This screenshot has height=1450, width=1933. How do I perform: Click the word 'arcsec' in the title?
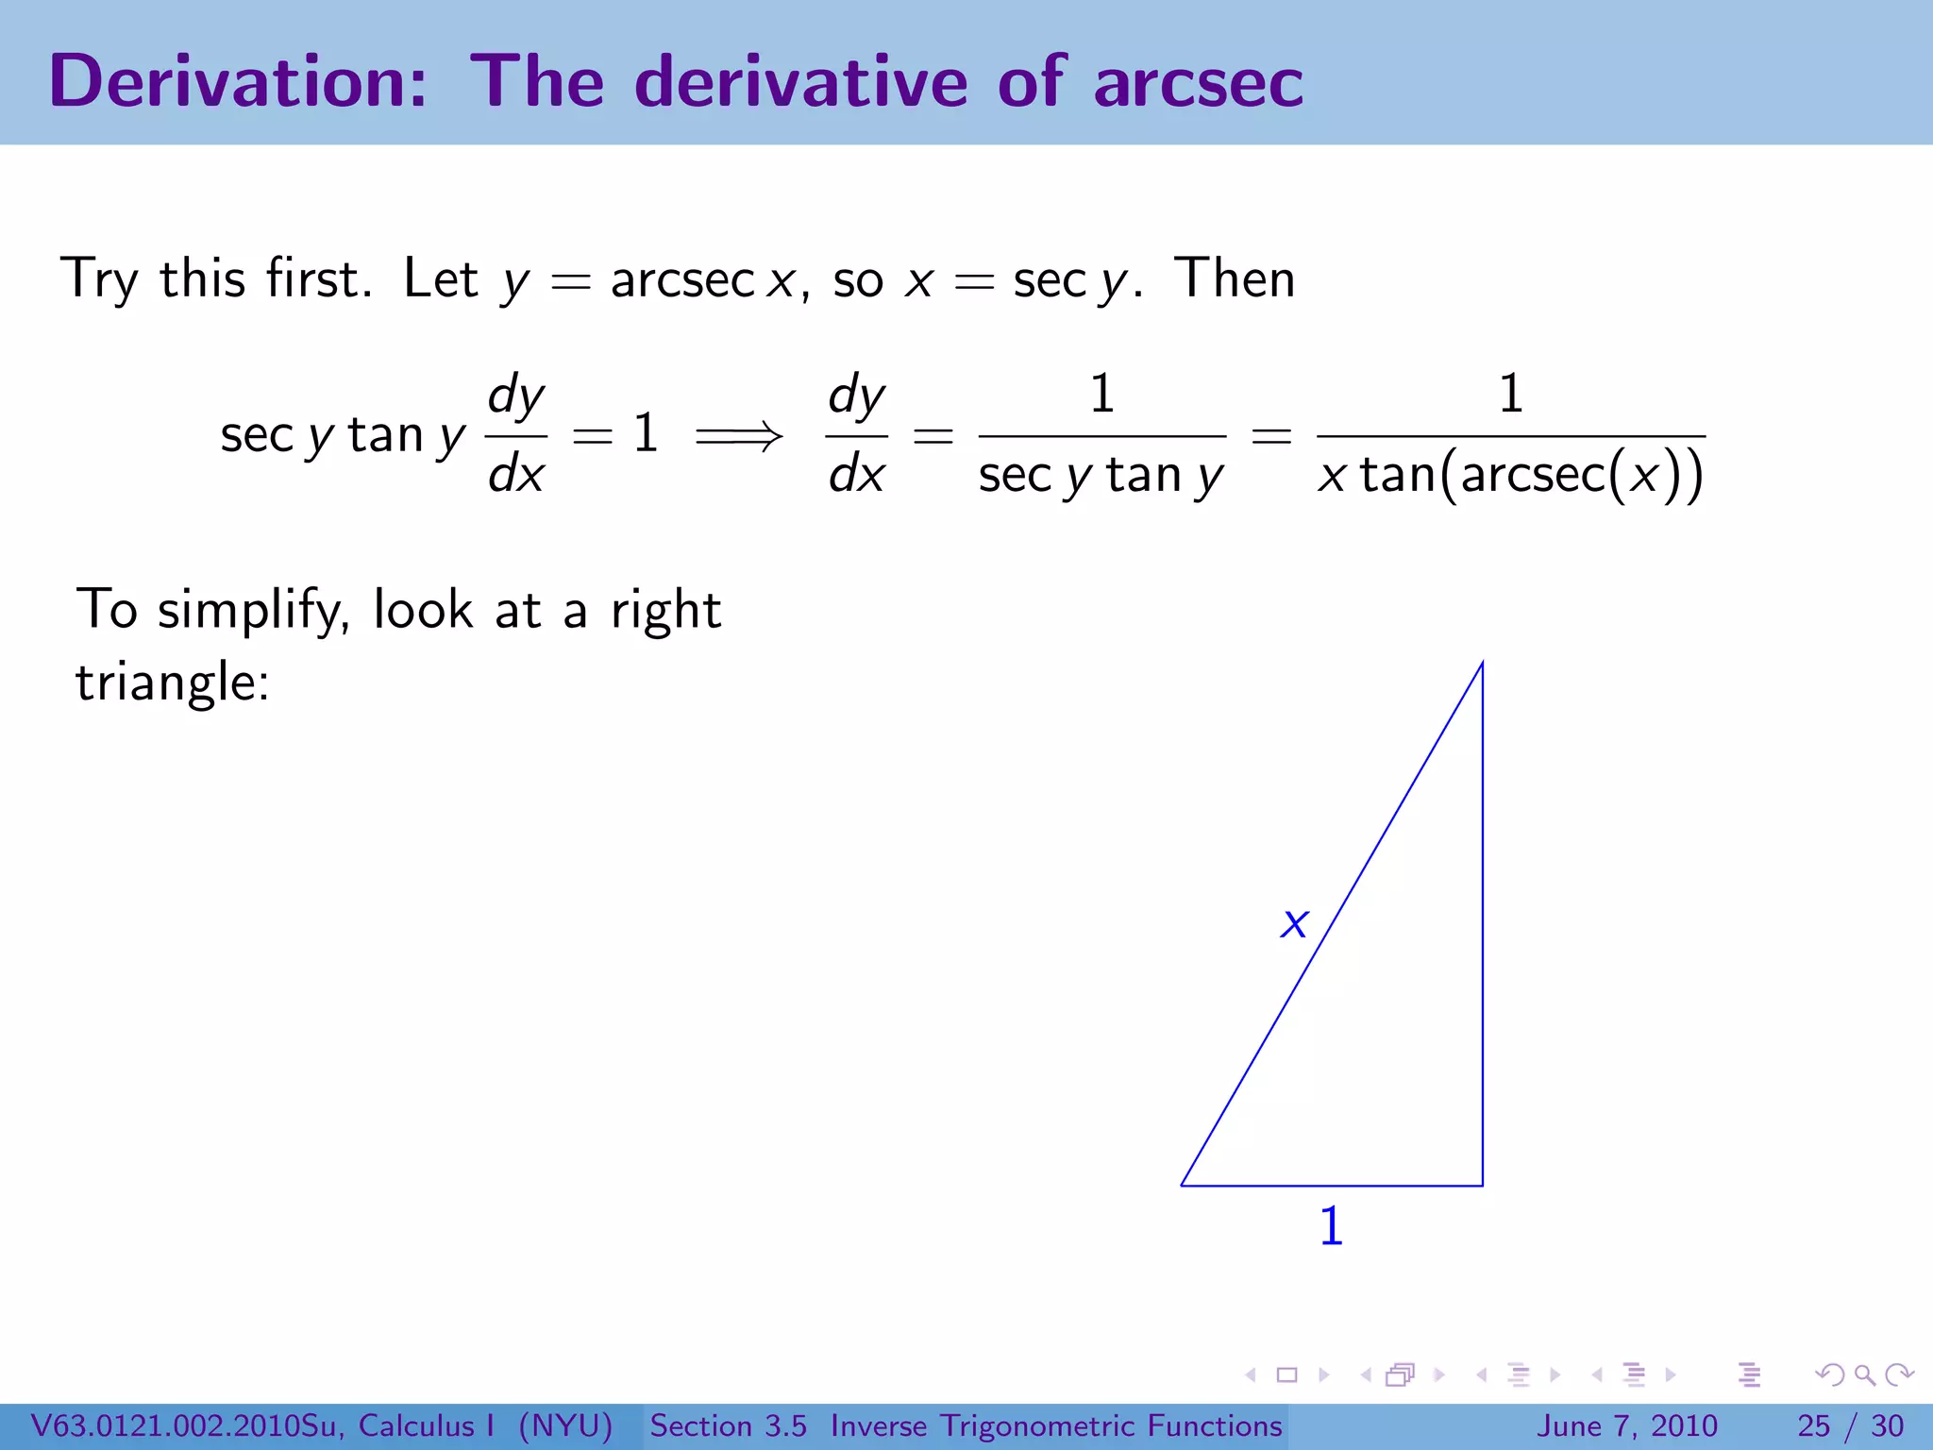pos(1198,83)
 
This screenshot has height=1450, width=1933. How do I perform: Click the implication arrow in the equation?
pos(738,436)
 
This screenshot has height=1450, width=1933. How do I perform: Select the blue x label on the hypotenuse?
pos(1294,922)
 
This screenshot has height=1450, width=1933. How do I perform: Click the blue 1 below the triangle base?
pos(1331,1226)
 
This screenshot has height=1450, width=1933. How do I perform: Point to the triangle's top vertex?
pos(1482,664)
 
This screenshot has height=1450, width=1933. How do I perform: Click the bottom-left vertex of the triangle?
pos(1183,1185)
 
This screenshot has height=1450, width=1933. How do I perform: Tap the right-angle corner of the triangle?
pos(1482,1185)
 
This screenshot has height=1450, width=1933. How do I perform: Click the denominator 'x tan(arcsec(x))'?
pos(1510,475)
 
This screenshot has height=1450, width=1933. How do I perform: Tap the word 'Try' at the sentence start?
pos(99,280)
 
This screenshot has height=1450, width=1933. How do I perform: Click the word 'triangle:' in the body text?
pos(173,682)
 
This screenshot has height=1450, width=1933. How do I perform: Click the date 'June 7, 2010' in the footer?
pos(1627,1425)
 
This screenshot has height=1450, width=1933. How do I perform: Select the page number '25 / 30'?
pos(1850,1425)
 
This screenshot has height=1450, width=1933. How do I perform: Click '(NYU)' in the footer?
pos(565,1425)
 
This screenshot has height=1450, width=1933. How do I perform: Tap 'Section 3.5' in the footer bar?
pos(728,1425)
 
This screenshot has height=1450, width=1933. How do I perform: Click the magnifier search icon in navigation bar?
pos(1864,1375)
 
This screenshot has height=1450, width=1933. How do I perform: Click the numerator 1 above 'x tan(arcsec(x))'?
pos(1510,393)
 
